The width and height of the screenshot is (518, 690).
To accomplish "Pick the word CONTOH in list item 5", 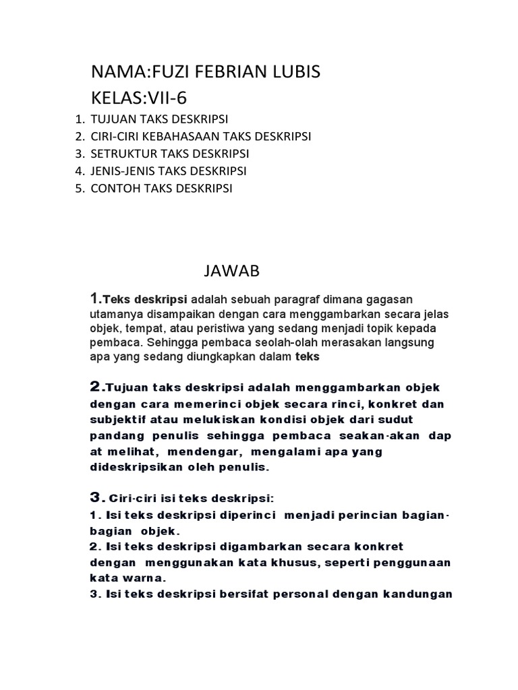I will point(115,189).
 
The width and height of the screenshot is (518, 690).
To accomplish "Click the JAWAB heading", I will point(231,271).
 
